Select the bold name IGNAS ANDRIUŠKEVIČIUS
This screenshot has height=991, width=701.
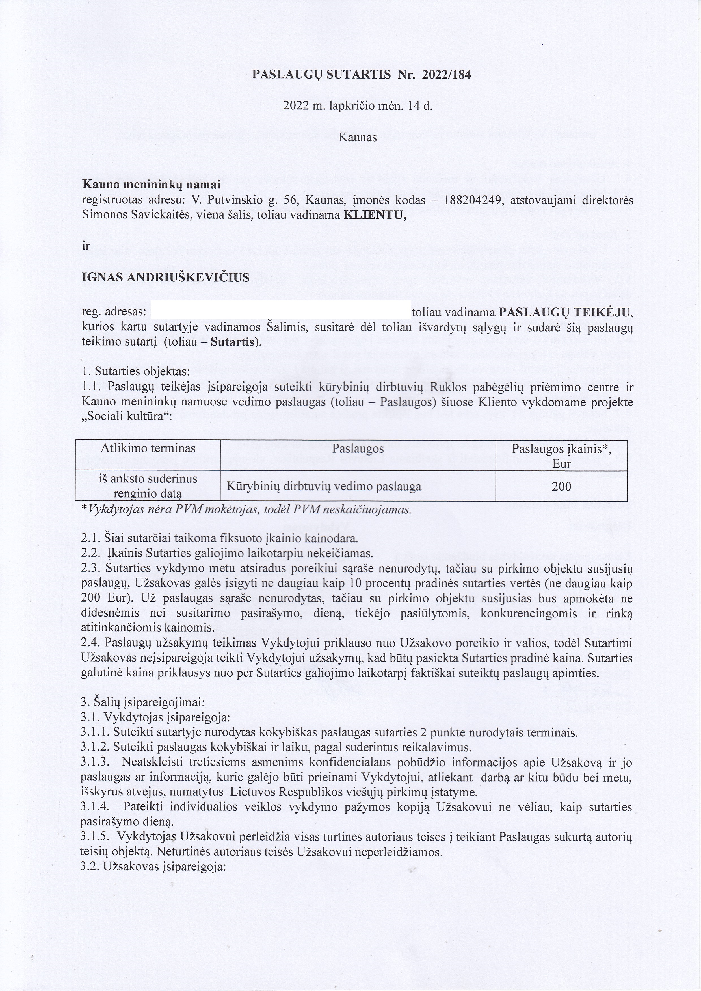[x=166, y=277]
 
